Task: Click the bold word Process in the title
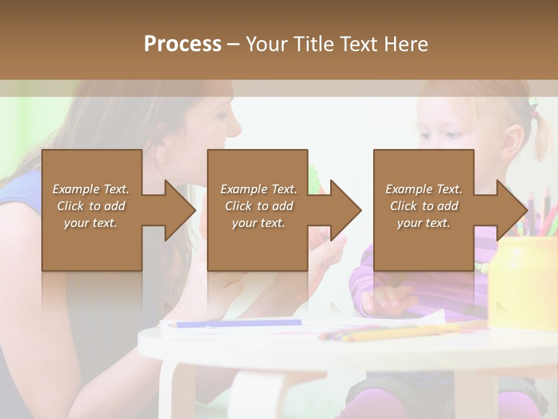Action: tap(183, 44)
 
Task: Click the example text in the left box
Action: tap(91, 206)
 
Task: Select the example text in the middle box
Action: tap(259, 206)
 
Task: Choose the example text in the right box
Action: tap(424, 206)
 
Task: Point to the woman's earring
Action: tap(160, 157)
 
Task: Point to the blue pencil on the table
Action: tap(238, 323)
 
